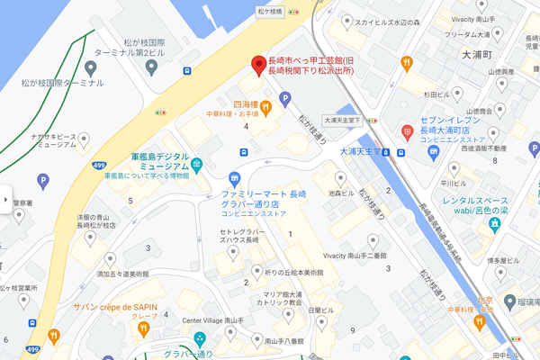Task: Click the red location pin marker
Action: click(x=258, y=64)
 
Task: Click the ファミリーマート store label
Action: click(x=265, y=200)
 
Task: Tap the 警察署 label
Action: click(x=22, y=202)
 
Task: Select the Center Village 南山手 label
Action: click(x=212, y=320)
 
